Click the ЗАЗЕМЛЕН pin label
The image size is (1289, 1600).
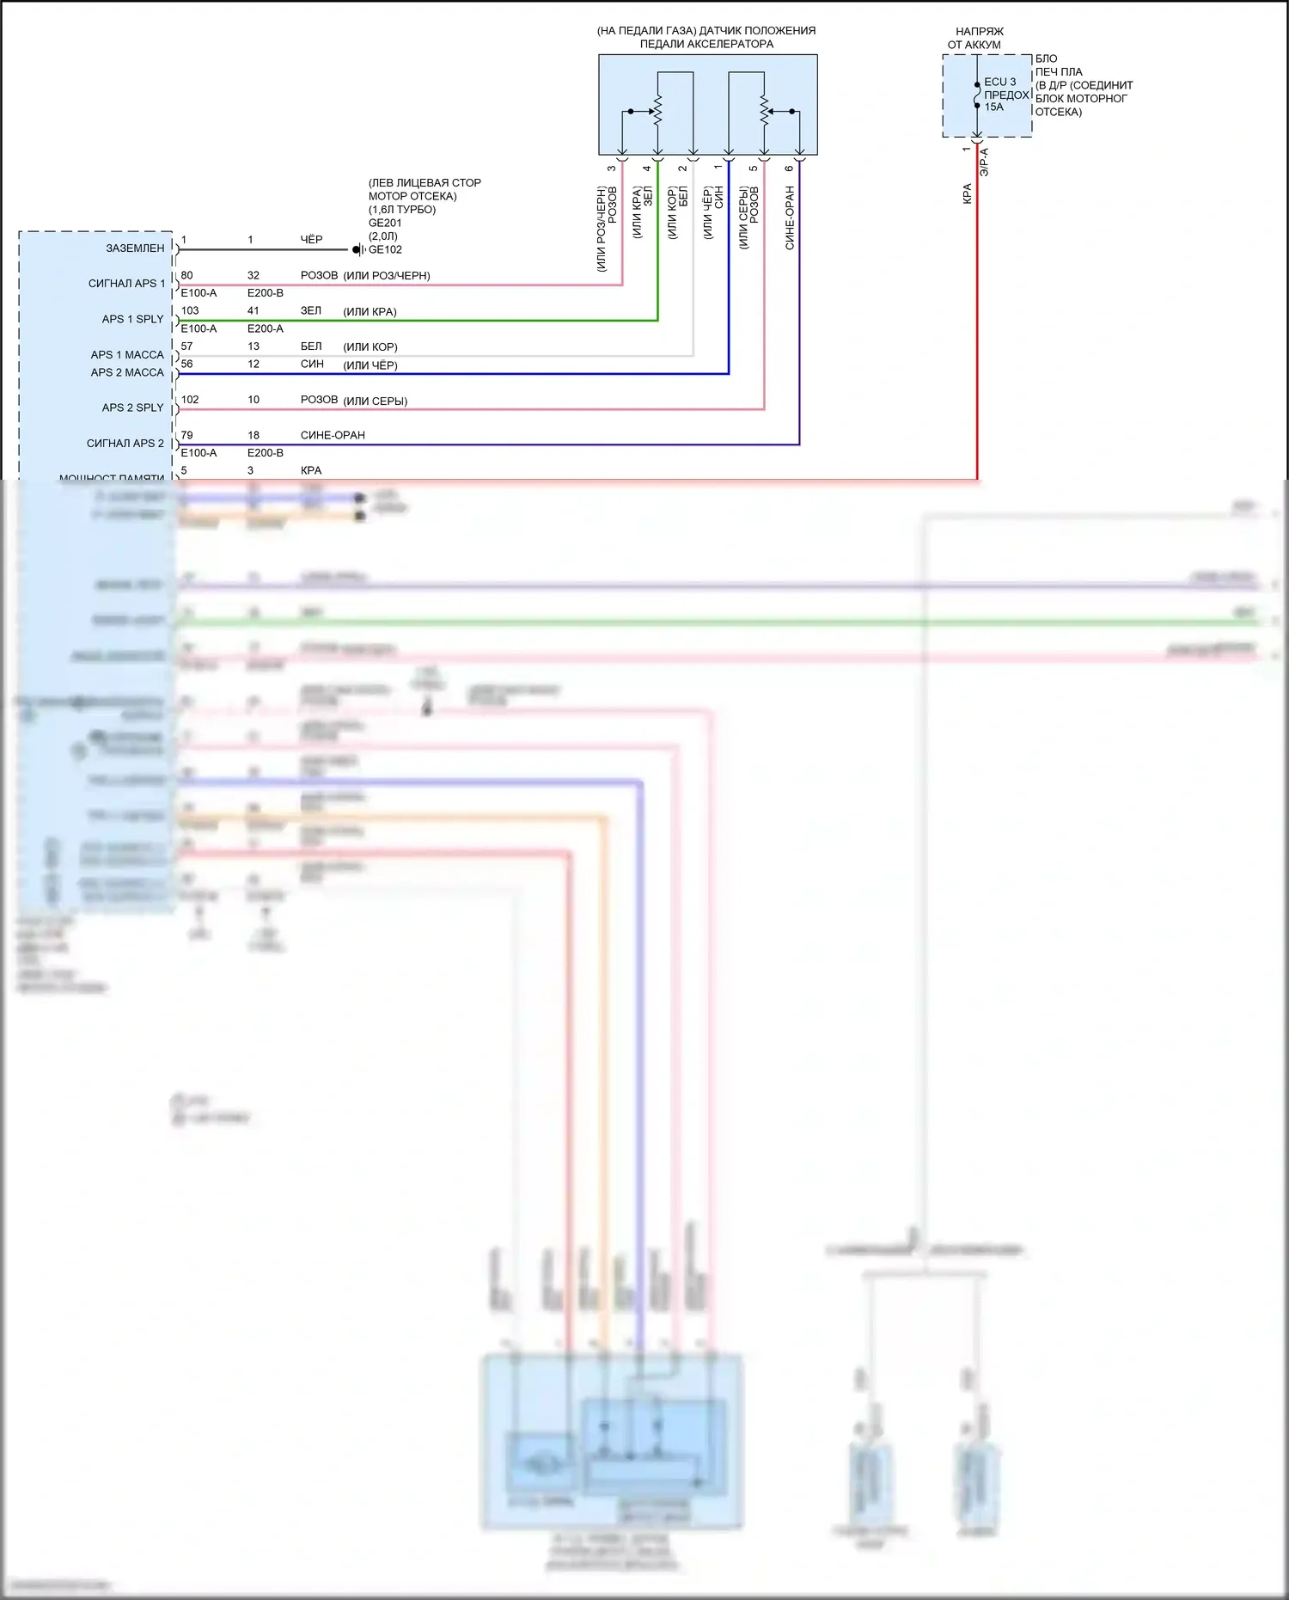pos(135,248)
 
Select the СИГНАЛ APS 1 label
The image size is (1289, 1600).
pos(126,284)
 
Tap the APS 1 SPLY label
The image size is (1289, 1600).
pos(132,319)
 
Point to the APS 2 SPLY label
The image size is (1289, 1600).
pos(132,408)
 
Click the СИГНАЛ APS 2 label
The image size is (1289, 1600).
pos(125,444)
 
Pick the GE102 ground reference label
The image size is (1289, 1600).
pos(385,250)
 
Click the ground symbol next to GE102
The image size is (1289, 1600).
pos(359,250)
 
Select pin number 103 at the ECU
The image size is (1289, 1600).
pos(190,311)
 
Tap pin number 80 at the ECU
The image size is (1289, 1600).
pos(186,276)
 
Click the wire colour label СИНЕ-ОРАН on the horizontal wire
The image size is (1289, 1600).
pos(333,436)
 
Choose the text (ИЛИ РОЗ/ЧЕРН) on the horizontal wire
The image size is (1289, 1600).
pos(387,276)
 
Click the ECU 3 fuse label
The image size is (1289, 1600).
pos(999,83)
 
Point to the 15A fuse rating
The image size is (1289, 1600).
pos(993,107)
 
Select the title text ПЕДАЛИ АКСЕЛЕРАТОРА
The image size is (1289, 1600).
pos(706,44)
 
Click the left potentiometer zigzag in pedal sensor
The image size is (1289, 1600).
pos(658,111)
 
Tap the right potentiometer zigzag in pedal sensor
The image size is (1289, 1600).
pos(764,111)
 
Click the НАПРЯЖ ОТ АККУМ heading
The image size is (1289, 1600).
pos(976,38)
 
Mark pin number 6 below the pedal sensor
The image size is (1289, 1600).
pos(789,169)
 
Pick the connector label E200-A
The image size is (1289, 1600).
pos(265,328)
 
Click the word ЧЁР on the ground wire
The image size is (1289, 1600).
pos(311,240)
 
